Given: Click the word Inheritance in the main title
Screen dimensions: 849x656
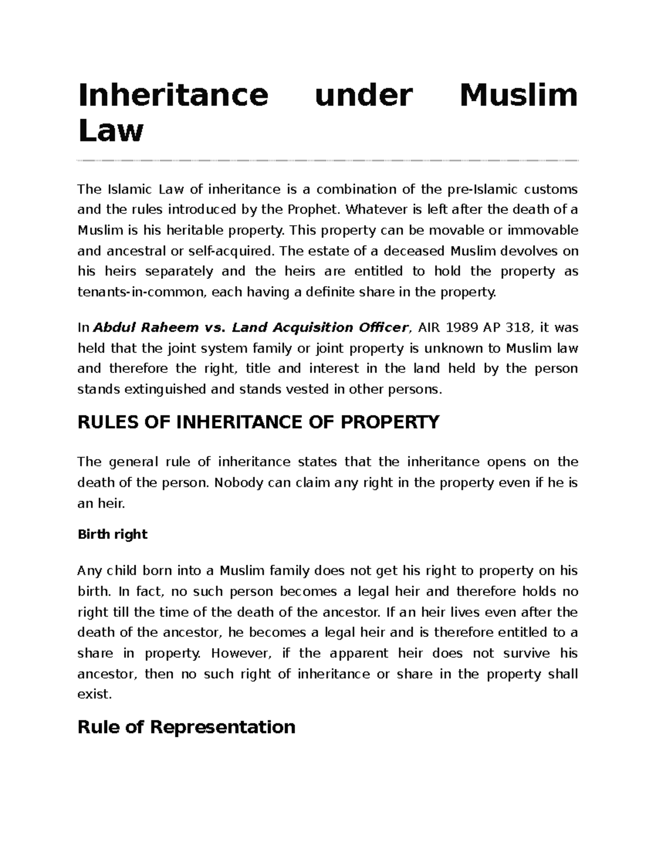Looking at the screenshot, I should tap(173, 95).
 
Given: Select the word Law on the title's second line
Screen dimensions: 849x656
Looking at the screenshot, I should tap(110, 131).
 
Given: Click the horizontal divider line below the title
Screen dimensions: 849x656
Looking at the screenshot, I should tap(328, 161).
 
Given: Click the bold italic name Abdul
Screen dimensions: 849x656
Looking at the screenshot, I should tap(115, 327).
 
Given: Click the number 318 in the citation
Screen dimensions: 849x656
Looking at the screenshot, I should tap(517, 327).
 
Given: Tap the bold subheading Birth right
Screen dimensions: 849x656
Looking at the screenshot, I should tap(113, 534).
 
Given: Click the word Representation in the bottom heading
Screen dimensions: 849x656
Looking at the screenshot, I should tap(222, 727).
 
